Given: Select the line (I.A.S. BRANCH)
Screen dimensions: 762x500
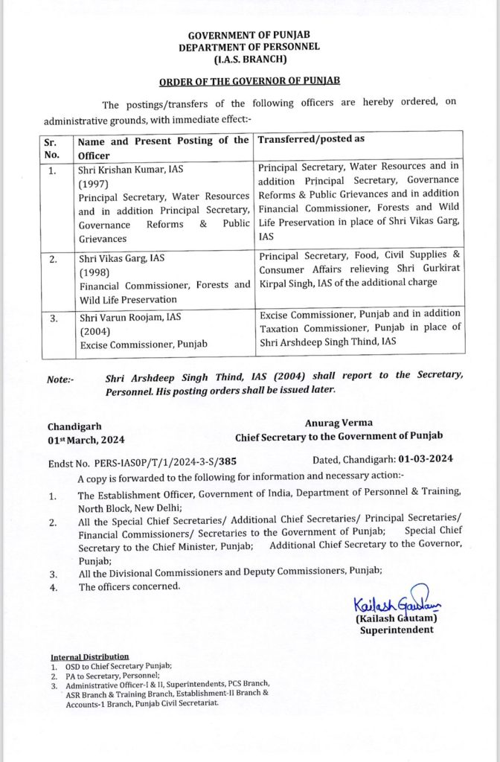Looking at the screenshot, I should click(x=249, y=58).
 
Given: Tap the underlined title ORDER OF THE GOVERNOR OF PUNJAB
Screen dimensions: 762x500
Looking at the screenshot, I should click(x=249, y=80).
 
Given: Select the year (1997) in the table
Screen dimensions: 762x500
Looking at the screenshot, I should click(x=93, y=183).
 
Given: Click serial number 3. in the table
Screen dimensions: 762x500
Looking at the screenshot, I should click(x=52, y=317).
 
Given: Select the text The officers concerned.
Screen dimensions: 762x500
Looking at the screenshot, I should click(x=129, y=586).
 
